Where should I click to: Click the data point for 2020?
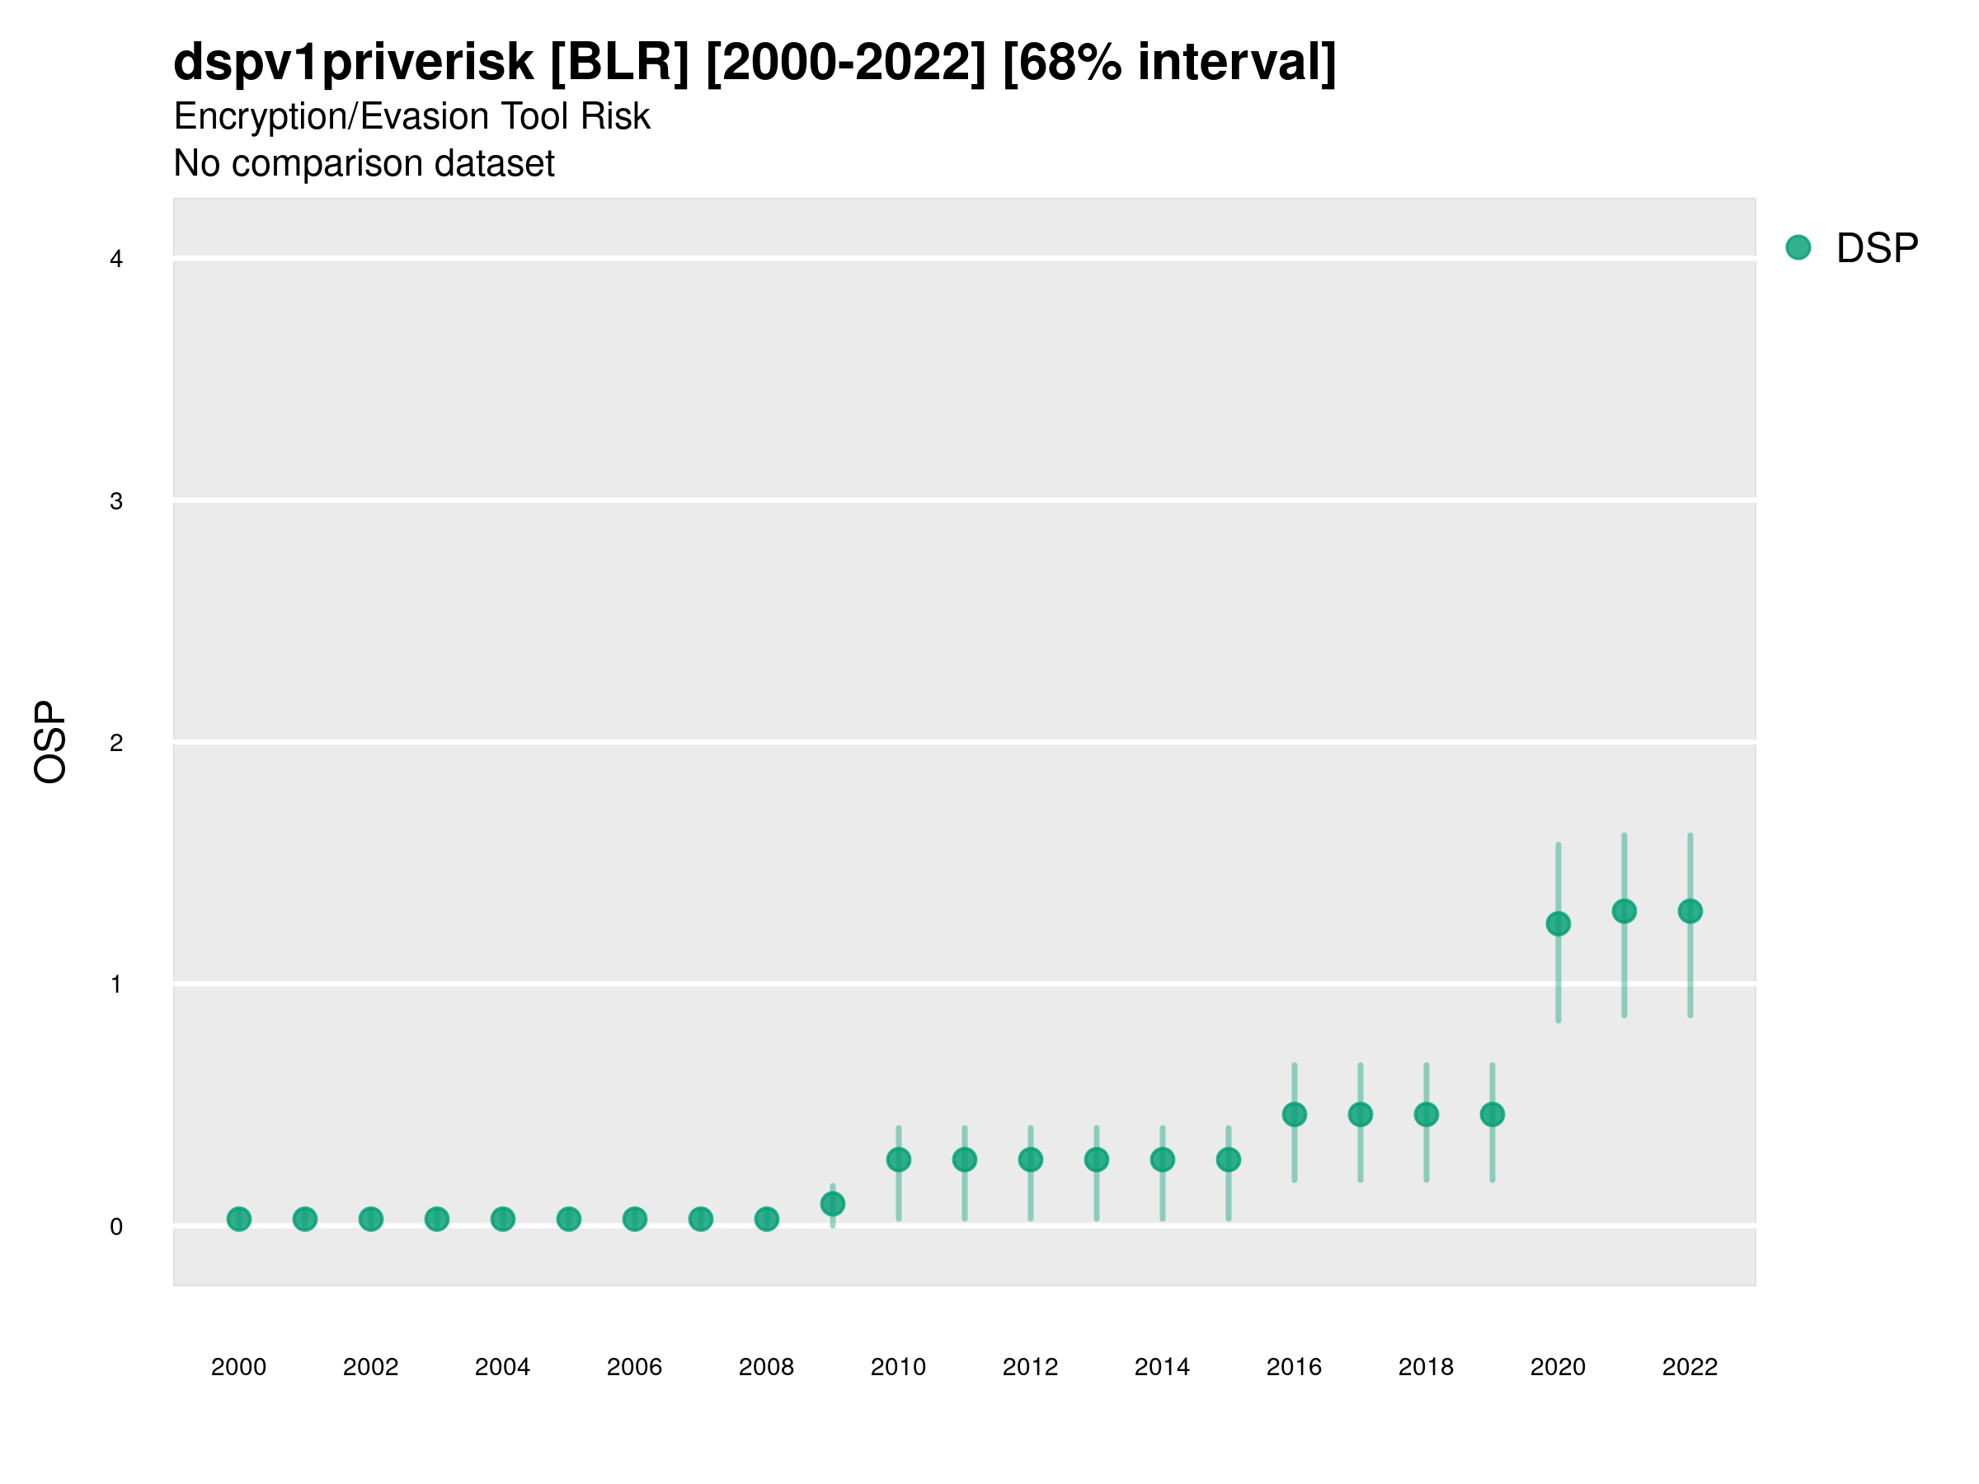1558,924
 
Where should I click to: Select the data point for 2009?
832,1204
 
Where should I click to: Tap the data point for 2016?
1294,1115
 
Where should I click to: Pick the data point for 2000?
239,1219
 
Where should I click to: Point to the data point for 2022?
1690,912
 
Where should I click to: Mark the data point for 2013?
1096,1160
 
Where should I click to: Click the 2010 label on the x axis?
898,1367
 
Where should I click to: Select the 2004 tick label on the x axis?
502,1367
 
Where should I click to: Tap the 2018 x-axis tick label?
1426,1367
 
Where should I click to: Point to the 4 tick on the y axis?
116,260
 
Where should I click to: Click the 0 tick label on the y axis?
116,1228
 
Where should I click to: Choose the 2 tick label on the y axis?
116,744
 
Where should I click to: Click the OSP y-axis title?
50,743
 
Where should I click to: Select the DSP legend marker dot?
1798,248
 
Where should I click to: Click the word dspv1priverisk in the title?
354,63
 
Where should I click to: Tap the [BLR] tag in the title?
619,63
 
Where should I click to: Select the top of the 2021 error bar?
1624,835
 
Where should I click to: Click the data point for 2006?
634,1219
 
